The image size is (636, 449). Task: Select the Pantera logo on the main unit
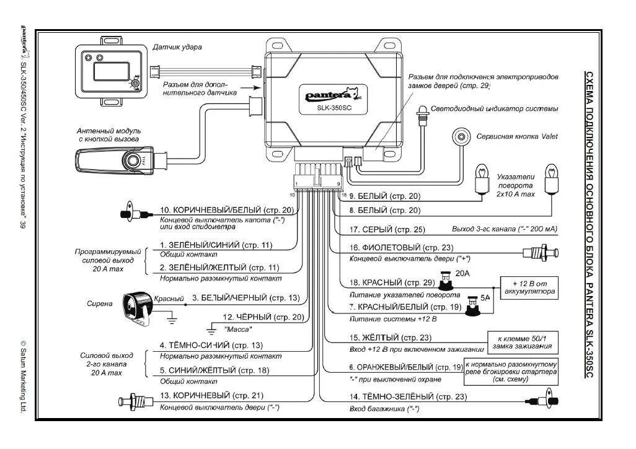point(329,94)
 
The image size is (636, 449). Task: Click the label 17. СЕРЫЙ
point(387,230)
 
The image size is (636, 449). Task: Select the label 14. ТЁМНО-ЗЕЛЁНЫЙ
point(408,396)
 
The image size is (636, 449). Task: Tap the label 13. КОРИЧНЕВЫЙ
point(211,395)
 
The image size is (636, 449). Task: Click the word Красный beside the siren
point(169,299)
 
